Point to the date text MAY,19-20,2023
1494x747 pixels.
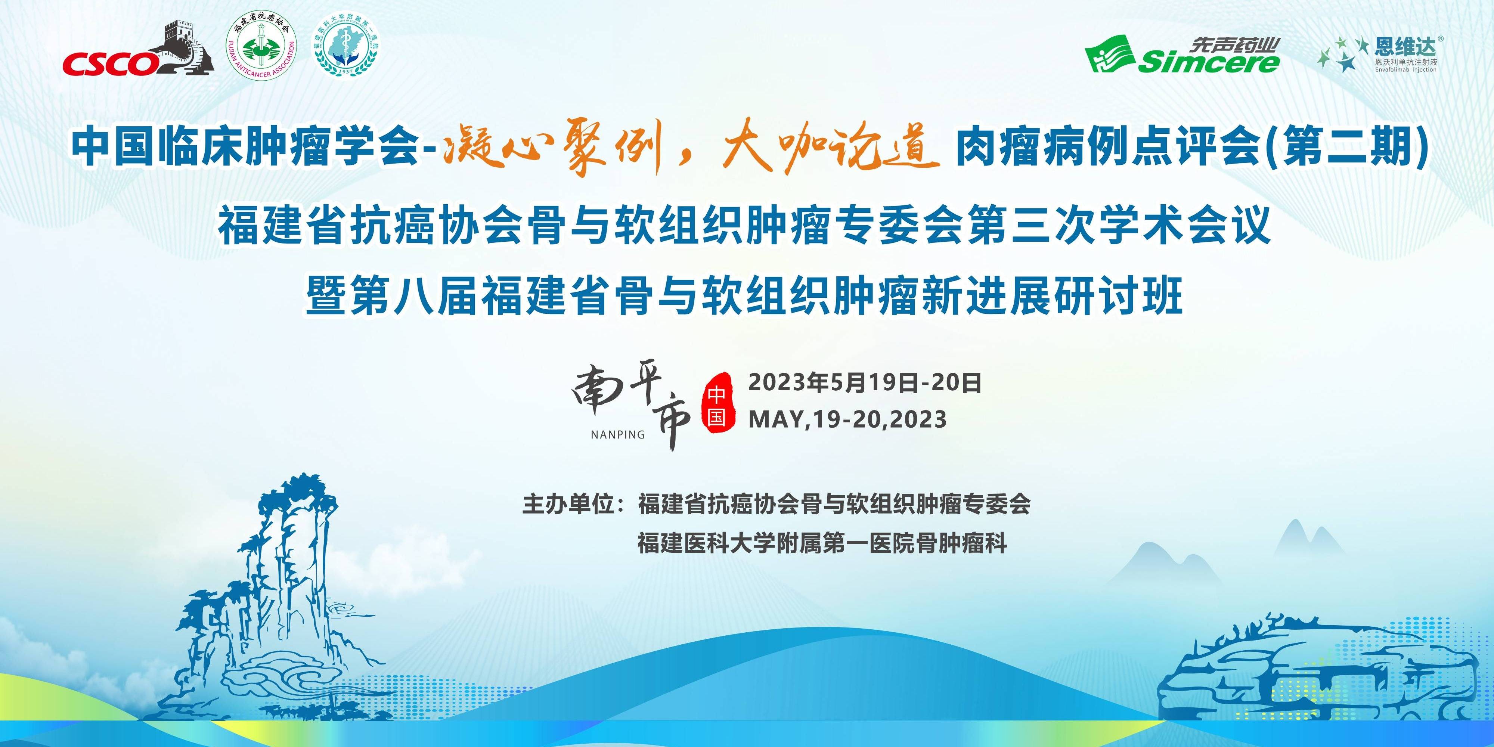click(x=847, y=419)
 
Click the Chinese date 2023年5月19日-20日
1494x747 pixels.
click(x=865, y=383)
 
